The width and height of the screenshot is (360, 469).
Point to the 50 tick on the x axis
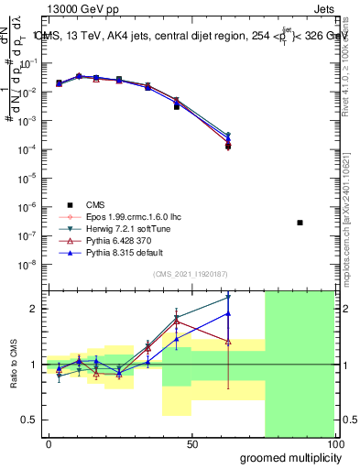[192, 444]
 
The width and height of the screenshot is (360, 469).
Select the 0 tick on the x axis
[49, 444]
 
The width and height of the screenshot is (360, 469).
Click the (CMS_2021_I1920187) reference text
[190, 274]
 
